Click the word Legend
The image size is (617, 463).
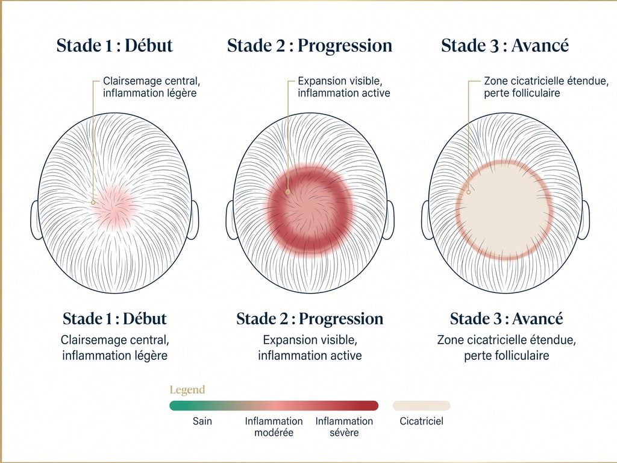click(x=187, y=390)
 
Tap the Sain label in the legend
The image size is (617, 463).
click(x=202, y=421)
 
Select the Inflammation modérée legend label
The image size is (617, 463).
click(x=274, y=427)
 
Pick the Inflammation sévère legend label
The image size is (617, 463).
click(x=344, y=427)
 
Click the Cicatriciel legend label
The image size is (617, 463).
click(x=421, y=421)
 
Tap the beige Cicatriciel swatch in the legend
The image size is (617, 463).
click(x=421, y=406)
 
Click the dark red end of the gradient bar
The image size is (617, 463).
click(x=374, y=406)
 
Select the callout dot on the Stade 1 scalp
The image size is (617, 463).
click(x=93, y=203)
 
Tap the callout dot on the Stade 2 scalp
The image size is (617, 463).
click(x=288, y=192)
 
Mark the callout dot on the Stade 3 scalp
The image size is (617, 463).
click(x=469, y=192)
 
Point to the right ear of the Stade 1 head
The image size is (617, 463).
click(x=193, y=219)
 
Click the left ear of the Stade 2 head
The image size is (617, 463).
click(x=231, y=219)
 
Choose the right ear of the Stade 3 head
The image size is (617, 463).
click(x=584, y=219)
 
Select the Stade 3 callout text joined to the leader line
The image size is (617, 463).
click(x=546, y=87)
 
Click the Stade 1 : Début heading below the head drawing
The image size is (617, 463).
click(x=114, y=318)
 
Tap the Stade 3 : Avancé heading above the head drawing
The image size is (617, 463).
click(x=505, y=45)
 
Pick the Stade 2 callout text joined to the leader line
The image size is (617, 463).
click(x=344, y=87)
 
